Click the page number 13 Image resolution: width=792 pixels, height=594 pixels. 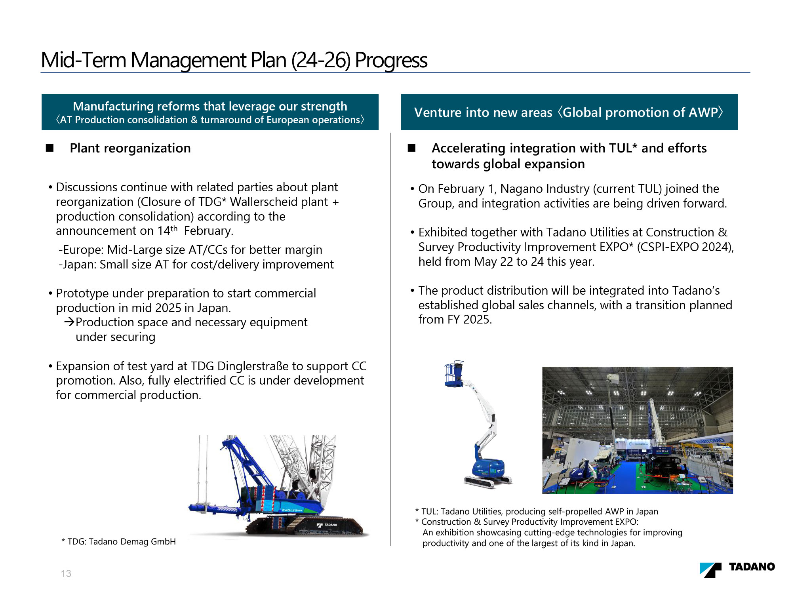66,573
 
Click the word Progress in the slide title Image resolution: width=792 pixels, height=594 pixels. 391,60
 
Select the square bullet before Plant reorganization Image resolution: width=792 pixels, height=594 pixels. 49,148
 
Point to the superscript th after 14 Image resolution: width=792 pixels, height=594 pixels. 174,228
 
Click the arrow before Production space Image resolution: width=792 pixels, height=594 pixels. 69,322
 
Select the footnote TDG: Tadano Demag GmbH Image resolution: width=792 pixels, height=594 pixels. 119,541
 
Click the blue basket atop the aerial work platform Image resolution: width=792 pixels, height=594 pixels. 454,373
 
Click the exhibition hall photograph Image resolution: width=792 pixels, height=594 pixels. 638,430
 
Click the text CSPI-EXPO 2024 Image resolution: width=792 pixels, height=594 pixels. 685,247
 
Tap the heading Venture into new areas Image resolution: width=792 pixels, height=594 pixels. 483,112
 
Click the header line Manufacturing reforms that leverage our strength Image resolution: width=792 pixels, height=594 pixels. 210,106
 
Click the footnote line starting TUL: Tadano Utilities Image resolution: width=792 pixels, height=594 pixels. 537,511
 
